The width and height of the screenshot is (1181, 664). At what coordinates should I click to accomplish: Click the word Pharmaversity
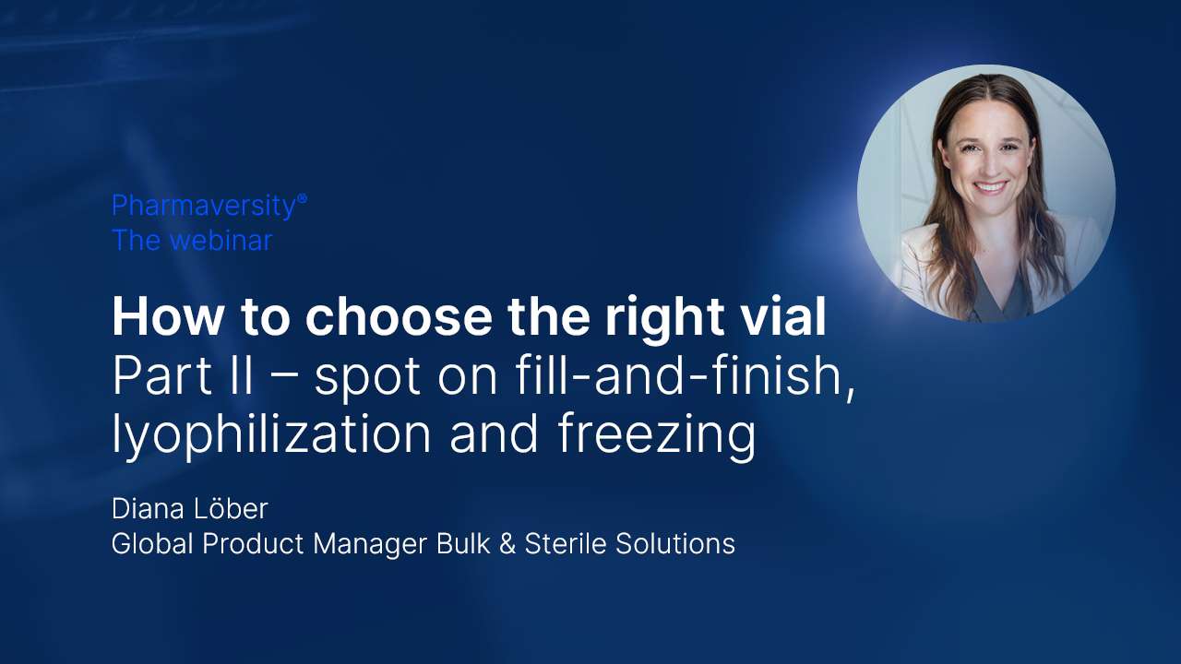(x=203, y=207)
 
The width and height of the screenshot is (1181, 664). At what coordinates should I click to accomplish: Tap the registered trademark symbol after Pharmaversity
(x=302, y=199)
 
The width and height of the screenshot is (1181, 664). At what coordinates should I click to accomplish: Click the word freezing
(x=657, y=436)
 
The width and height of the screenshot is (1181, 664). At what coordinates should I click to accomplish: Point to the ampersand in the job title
(x=507, y=544)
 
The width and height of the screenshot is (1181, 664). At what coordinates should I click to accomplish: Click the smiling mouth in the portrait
(x=991, y=188)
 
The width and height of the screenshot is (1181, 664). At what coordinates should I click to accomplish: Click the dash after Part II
(x=283, y=378)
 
